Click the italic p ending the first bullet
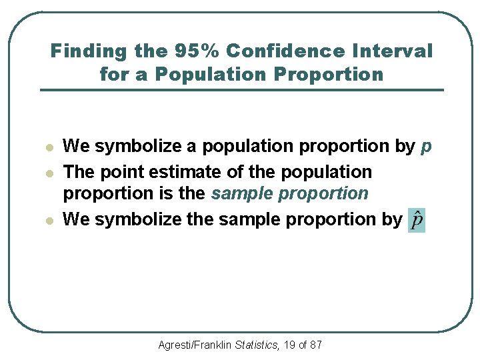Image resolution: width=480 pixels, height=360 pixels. [x=427, y=147]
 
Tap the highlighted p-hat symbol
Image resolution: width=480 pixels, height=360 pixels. [x=417, y=221]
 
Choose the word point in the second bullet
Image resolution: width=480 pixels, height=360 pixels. [x=123, y=173]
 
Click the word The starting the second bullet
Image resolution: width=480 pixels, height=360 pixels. [x=79, y=172]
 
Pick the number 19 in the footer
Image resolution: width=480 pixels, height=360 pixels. [x=289, y=345]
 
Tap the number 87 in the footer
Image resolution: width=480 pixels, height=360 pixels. [x=316, y=345]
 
